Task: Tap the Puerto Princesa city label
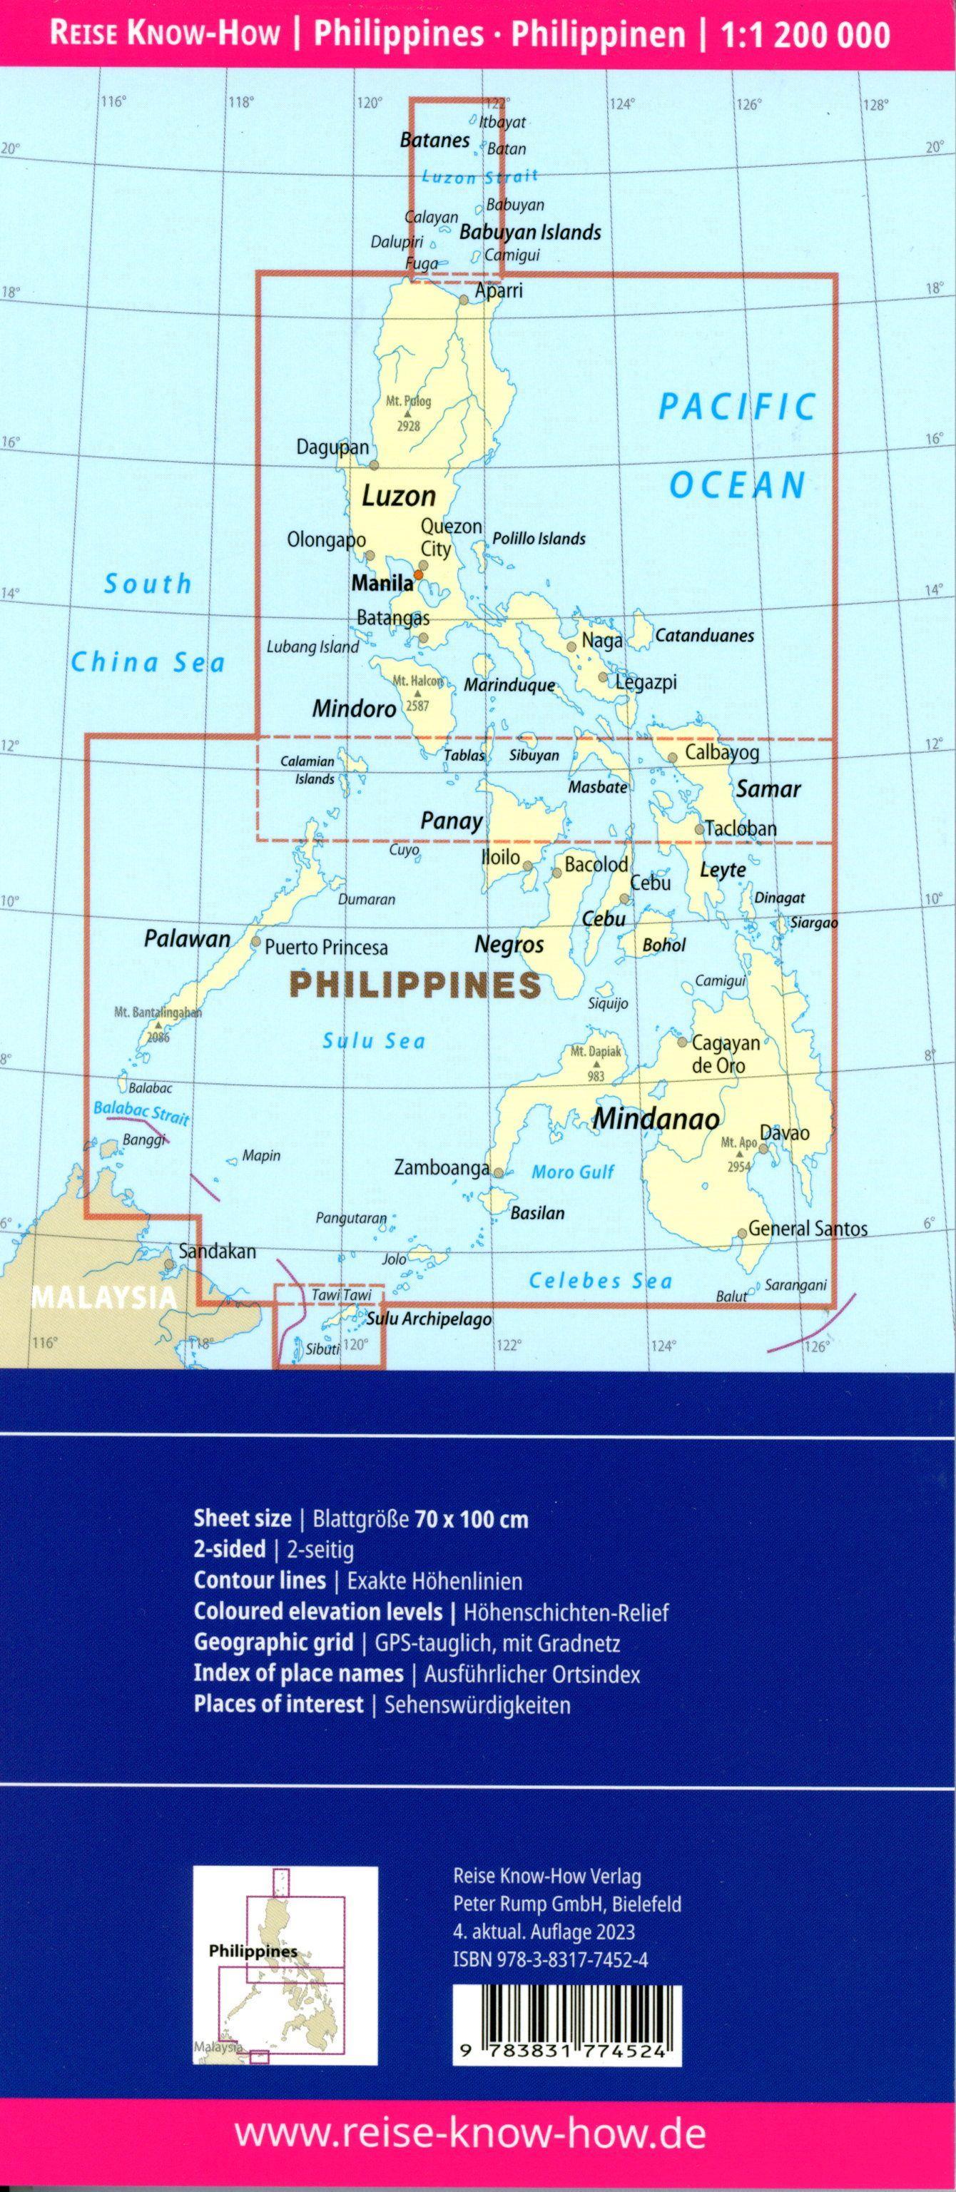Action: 326,947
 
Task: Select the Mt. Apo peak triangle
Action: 738,1155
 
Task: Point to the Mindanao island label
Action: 656,1118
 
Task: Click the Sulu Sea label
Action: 373,1040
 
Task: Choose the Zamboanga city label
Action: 442,1167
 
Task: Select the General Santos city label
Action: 807,1228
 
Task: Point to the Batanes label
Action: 434,141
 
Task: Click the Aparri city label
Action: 499,291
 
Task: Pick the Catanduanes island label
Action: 704,636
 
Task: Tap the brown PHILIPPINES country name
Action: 415,985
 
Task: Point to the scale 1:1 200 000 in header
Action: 805,35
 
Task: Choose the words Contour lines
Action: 260,1580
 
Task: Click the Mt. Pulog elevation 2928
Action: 408,425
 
